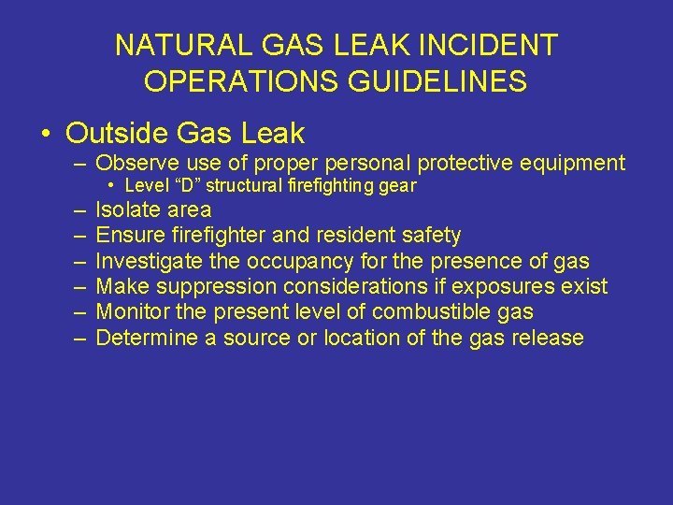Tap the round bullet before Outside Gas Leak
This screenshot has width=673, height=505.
[x=46, y=134]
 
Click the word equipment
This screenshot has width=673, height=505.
[x=567, y=164]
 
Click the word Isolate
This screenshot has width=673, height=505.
[x=128, y=209]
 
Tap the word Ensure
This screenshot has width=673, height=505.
[x=128, y=235]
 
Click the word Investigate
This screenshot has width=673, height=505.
[x=146, y=260]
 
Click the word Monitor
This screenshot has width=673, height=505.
[x=131, y=311]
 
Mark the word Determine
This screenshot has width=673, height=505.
[x=144, y=338]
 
